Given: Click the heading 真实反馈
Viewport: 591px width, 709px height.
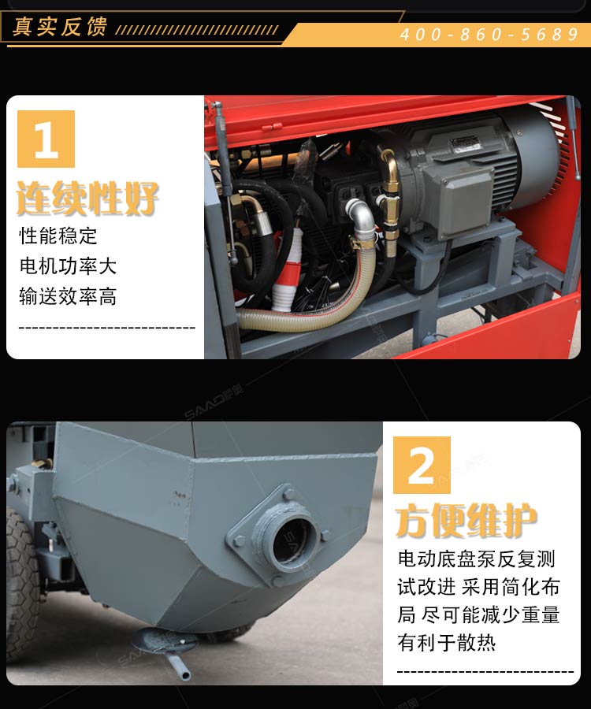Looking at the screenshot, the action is tap(60, 27).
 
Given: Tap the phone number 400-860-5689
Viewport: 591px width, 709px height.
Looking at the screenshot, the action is tap(489, 35).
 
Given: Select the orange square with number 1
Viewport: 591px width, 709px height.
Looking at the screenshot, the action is tap(46, 139).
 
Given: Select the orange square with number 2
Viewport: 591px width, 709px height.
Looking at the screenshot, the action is tap(422, 465).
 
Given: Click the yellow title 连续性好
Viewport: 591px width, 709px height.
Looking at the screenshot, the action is tap(87, 198).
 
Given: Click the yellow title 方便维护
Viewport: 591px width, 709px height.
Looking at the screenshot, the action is tap(466, 521).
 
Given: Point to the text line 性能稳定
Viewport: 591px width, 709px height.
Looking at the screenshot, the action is tap(58, 236).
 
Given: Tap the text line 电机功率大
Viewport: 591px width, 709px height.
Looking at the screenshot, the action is tap(68, 266).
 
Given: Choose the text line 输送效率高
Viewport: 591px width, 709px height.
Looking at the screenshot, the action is tap(68, 296).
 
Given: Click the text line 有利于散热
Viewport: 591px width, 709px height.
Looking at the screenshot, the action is tap(447, 642).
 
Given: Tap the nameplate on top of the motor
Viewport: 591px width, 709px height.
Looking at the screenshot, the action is tap(465, 143).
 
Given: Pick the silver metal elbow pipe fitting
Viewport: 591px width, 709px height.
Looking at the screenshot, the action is tap(361, 217).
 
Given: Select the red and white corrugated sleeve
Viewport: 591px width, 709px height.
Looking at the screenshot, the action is tap(288, 270).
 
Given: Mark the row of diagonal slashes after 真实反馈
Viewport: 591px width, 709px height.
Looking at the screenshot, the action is tap(197, 30).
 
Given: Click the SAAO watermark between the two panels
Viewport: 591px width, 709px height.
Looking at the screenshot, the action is tap(214, 402).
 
